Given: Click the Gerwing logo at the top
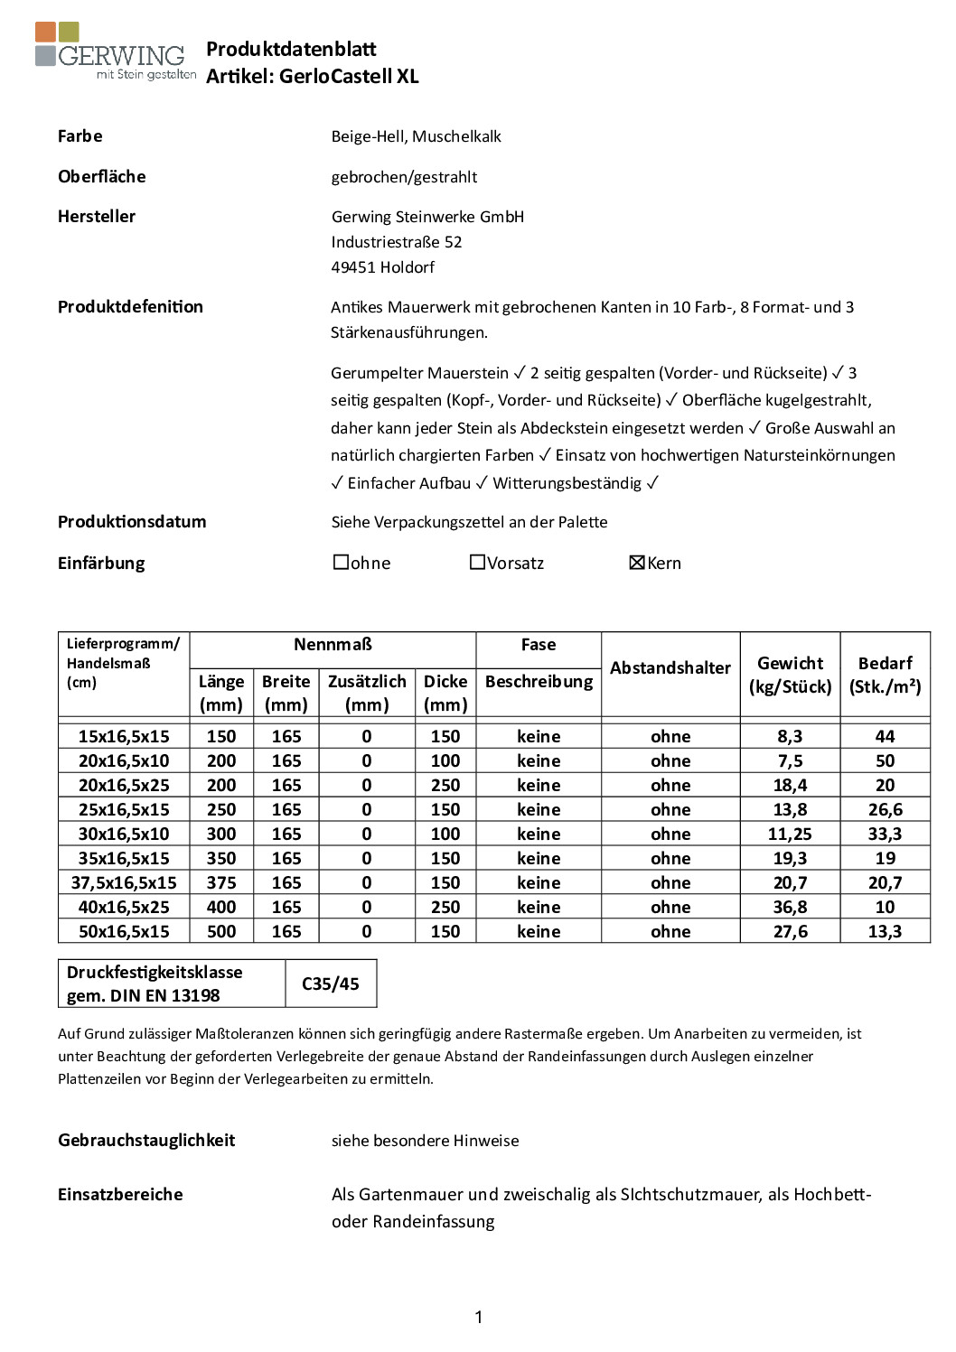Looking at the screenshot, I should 115,52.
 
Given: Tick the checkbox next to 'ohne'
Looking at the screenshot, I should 341,562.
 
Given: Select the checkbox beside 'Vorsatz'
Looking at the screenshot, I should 477,562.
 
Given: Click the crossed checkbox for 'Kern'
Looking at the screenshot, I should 636,562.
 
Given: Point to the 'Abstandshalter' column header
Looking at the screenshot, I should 670,668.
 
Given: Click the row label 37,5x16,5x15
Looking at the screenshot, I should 124,882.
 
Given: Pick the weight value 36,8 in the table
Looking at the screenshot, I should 790,907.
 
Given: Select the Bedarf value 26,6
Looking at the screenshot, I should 885,809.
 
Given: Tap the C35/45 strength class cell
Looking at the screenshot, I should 330,984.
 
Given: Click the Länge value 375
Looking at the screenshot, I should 220,882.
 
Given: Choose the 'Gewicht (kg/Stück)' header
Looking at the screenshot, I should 790,675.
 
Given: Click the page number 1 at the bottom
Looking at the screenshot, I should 478,1317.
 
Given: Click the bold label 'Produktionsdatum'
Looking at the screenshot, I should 132,522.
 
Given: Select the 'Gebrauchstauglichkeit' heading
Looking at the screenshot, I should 146,1140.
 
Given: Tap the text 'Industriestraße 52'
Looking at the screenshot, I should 396,242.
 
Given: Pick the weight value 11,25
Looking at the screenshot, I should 790,834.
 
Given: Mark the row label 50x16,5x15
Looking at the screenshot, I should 124,931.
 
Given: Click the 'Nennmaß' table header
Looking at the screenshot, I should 333,645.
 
